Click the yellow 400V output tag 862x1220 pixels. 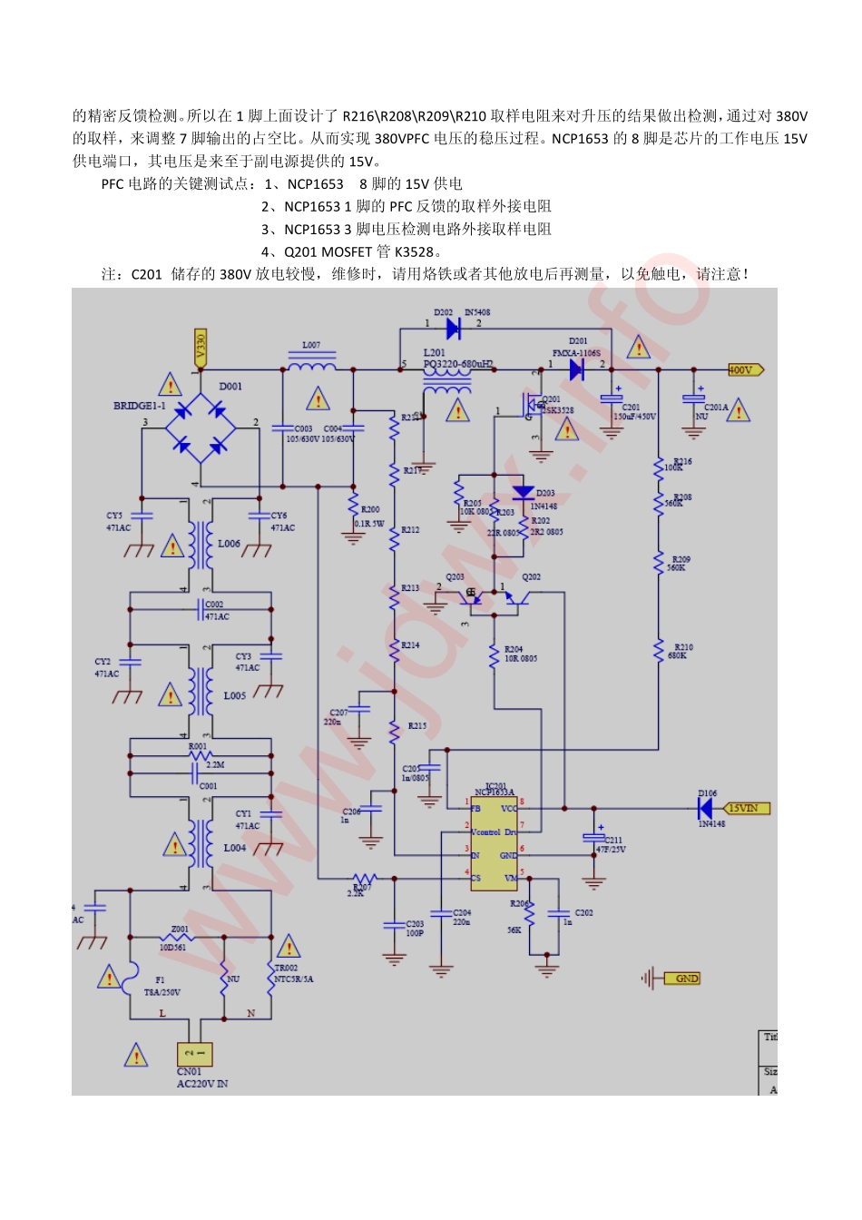pyautogui.click(x=745, y=369)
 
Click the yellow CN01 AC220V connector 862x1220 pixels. pyautogui.click(x=194, y=1053)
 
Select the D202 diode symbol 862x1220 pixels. pyautogui.click(x=453, y=329)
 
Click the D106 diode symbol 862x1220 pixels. pyautogui.click(x=706, y=807)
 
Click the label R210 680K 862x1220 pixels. pyautogui.click(x=678, y=651)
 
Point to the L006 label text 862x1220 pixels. pyautogui.click(x=229, y=544)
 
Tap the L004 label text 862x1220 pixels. pyautogui.click(x=234, y=848)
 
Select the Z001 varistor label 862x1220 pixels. pyautogui.click(x=179, y=930)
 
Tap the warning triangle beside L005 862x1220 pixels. pyautogui.click(x=171, y=696)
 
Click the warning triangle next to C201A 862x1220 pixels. pyautogui.click(x=738, y=411)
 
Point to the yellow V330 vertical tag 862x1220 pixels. pyautogui.click(x=201, y=347)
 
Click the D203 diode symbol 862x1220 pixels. pyautogui.click(x=523, y=493)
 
